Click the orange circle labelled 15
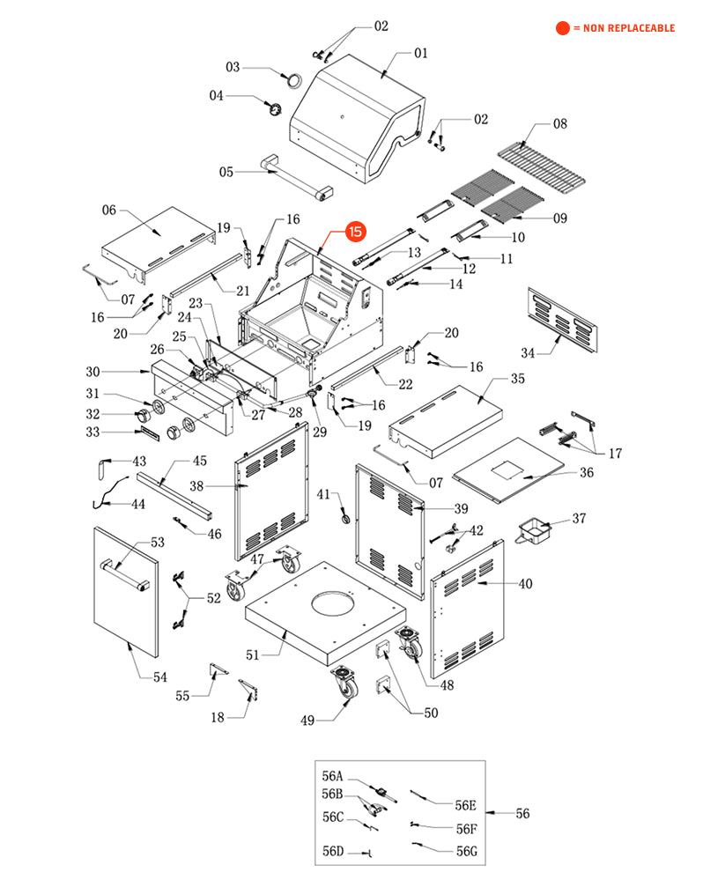point(355,232)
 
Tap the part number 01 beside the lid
point(420,53)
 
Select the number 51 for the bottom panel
point(253,654)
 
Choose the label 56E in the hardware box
point(465,805)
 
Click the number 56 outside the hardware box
point(522,814)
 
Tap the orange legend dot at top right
point(562,28)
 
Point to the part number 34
point(528,353)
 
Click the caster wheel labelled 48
point(410,646)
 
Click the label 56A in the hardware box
point(332,777)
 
